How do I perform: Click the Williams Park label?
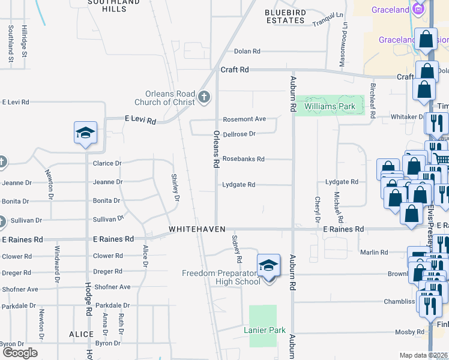[x=330, y=107]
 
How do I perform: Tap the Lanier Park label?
[x=262, y=330]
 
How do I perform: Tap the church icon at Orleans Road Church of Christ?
[x=204, y=97]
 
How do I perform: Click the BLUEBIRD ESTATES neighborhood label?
[x=285, y=16]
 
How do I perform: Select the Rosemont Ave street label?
[x=244, y=119]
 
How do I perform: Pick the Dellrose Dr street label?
[x=240, y=134]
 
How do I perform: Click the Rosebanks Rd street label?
[x=244, y=159]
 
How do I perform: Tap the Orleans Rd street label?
[x=217, y=148]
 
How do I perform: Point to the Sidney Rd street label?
[x=238, y=248]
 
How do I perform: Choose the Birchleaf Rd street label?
[x=372, y=101]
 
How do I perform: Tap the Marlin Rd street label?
[x=375, y=253]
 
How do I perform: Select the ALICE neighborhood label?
[x=81, y=334]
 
